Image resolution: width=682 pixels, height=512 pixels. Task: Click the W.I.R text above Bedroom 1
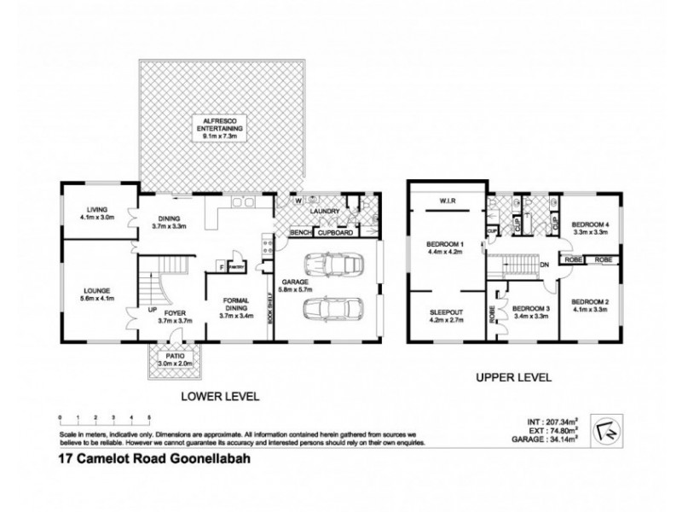(448, 202)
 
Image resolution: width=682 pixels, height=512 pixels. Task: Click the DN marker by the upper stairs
(543, 265)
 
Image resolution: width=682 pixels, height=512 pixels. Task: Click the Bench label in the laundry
(298, 232)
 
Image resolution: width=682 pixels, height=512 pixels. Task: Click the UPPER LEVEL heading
(514, 376)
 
